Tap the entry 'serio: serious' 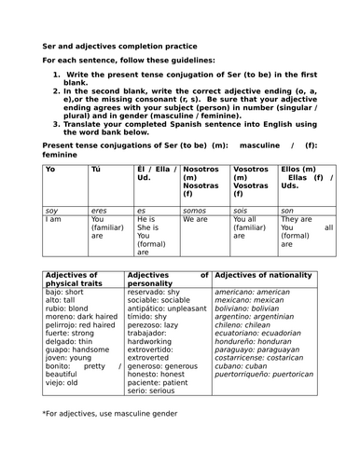click(x=149, y=391)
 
